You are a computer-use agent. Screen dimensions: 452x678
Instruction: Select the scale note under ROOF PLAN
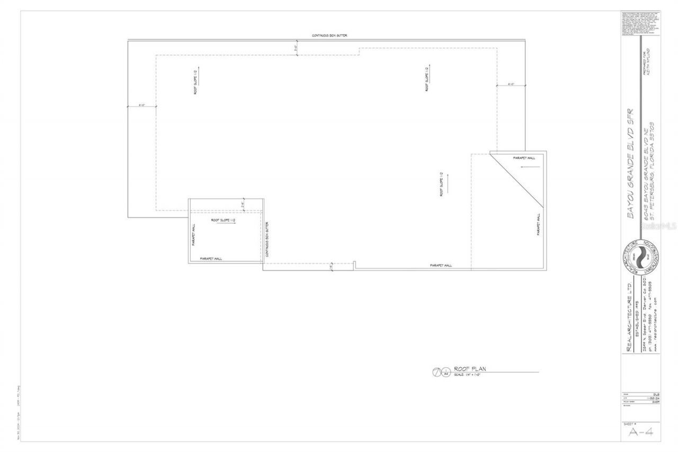pyautogui.click(x=466, y=375)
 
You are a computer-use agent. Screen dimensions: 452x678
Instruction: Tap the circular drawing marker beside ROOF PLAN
pyautogui.click(x=438, y=372)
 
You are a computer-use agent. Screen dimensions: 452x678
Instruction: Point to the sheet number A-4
pyautogui.click(x=640, y=432)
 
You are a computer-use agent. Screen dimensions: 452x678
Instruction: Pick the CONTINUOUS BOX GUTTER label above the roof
pyautogui.click(x=329, y=36)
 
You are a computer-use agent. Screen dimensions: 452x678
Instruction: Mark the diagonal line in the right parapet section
pyautogui.click(x=517, y=179)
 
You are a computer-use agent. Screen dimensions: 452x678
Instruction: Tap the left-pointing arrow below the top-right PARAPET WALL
pyautogui.click(x=530, y=167)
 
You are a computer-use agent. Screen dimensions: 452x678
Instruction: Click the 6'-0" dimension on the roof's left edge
pyautogui.click(x=142, y=105)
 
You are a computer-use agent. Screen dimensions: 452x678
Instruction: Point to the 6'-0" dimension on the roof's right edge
pyautogui.click(x=511, y=84)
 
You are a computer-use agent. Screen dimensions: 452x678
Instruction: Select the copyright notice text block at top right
pyautogui.click(x=640, y=23)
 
